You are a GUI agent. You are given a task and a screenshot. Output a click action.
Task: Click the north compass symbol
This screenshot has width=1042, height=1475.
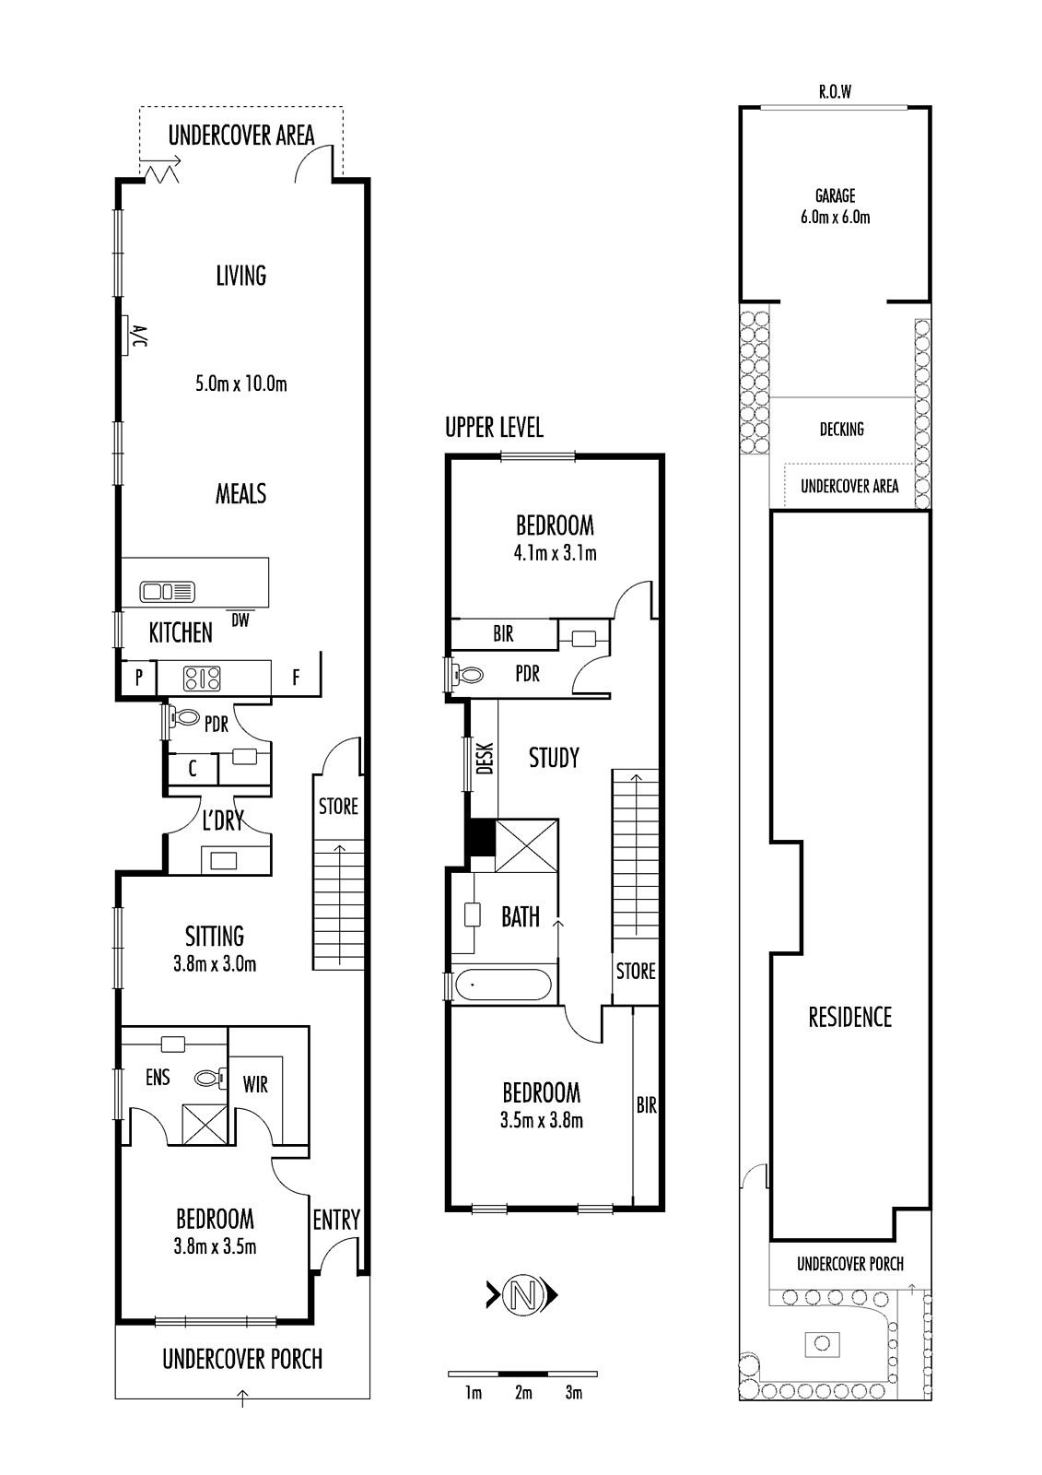coord(522,1296)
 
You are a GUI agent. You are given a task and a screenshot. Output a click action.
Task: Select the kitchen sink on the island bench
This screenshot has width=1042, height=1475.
coord(167,591)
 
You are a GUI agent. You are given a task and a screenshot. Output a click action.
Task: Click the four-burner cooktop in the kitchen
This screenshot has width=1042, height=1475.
coord(202,678)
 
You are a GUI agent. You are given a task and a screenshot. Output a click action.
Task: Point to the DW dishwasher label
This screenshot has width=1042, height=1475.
coord(240,620)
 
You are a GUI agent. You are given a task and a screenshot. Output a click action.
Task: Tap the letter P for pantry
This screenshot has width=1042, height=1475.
coord(139,678)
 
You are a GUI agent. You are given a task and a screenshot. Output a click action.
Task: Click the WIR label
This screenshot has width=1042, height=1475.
coord(255,1084)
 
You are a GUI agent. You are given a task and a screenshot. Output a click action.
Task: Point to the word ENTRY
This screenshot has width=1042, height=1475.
coord(336,1221)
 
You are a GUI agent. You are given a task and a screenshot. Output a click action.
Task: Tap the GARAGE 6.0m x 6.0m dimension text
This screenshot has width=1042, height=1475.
coord(836,206)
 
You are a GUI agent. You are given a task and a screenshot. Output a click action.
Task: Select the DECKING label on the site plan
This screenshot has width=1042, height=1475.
coord(842,430)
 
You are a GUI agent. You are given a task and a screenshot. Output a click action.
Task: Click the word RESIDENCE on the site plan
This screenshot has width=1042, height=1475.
coord(849,1018)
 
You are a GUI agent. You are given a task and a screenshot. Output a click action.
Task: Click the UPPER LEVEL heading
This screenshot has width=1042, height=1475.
coord(495,428)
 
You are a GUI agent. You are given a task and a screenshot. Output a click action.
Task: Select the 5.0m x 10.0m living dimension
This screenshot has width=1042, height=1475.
coord(240,383)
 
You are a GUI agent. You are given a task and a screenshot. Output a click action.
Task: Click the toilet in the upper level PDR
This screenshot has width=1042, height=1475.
coord(467,675)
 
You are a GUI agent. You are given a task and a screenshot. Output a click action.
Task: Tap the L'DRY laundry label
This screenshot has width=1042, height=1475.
coord(222,820)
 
